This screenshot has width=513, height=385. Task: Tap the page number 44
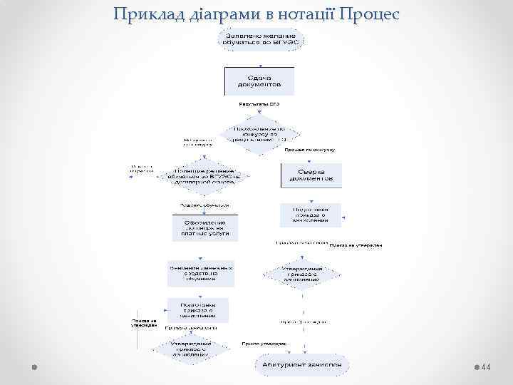[x=487, y=366]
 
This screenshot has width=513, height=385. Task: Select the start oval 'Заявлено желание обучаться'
[x=260, y=38]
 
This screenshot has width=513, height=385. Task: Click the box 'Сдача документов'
[x=259, y=81]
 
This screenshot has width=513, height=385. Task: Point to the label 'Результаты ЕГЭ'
[x=259, y=104]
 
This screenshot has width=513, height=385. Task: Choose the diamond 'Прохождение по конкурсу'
[x=260, y=132]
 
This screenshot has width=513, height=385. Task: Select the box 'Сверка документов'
[x=311, y=175]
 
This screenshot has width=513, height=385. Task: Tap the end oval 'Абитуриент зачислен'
[x=303, y=364]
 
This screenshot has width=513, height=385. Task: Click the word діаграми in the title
[x=204, y=14]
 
